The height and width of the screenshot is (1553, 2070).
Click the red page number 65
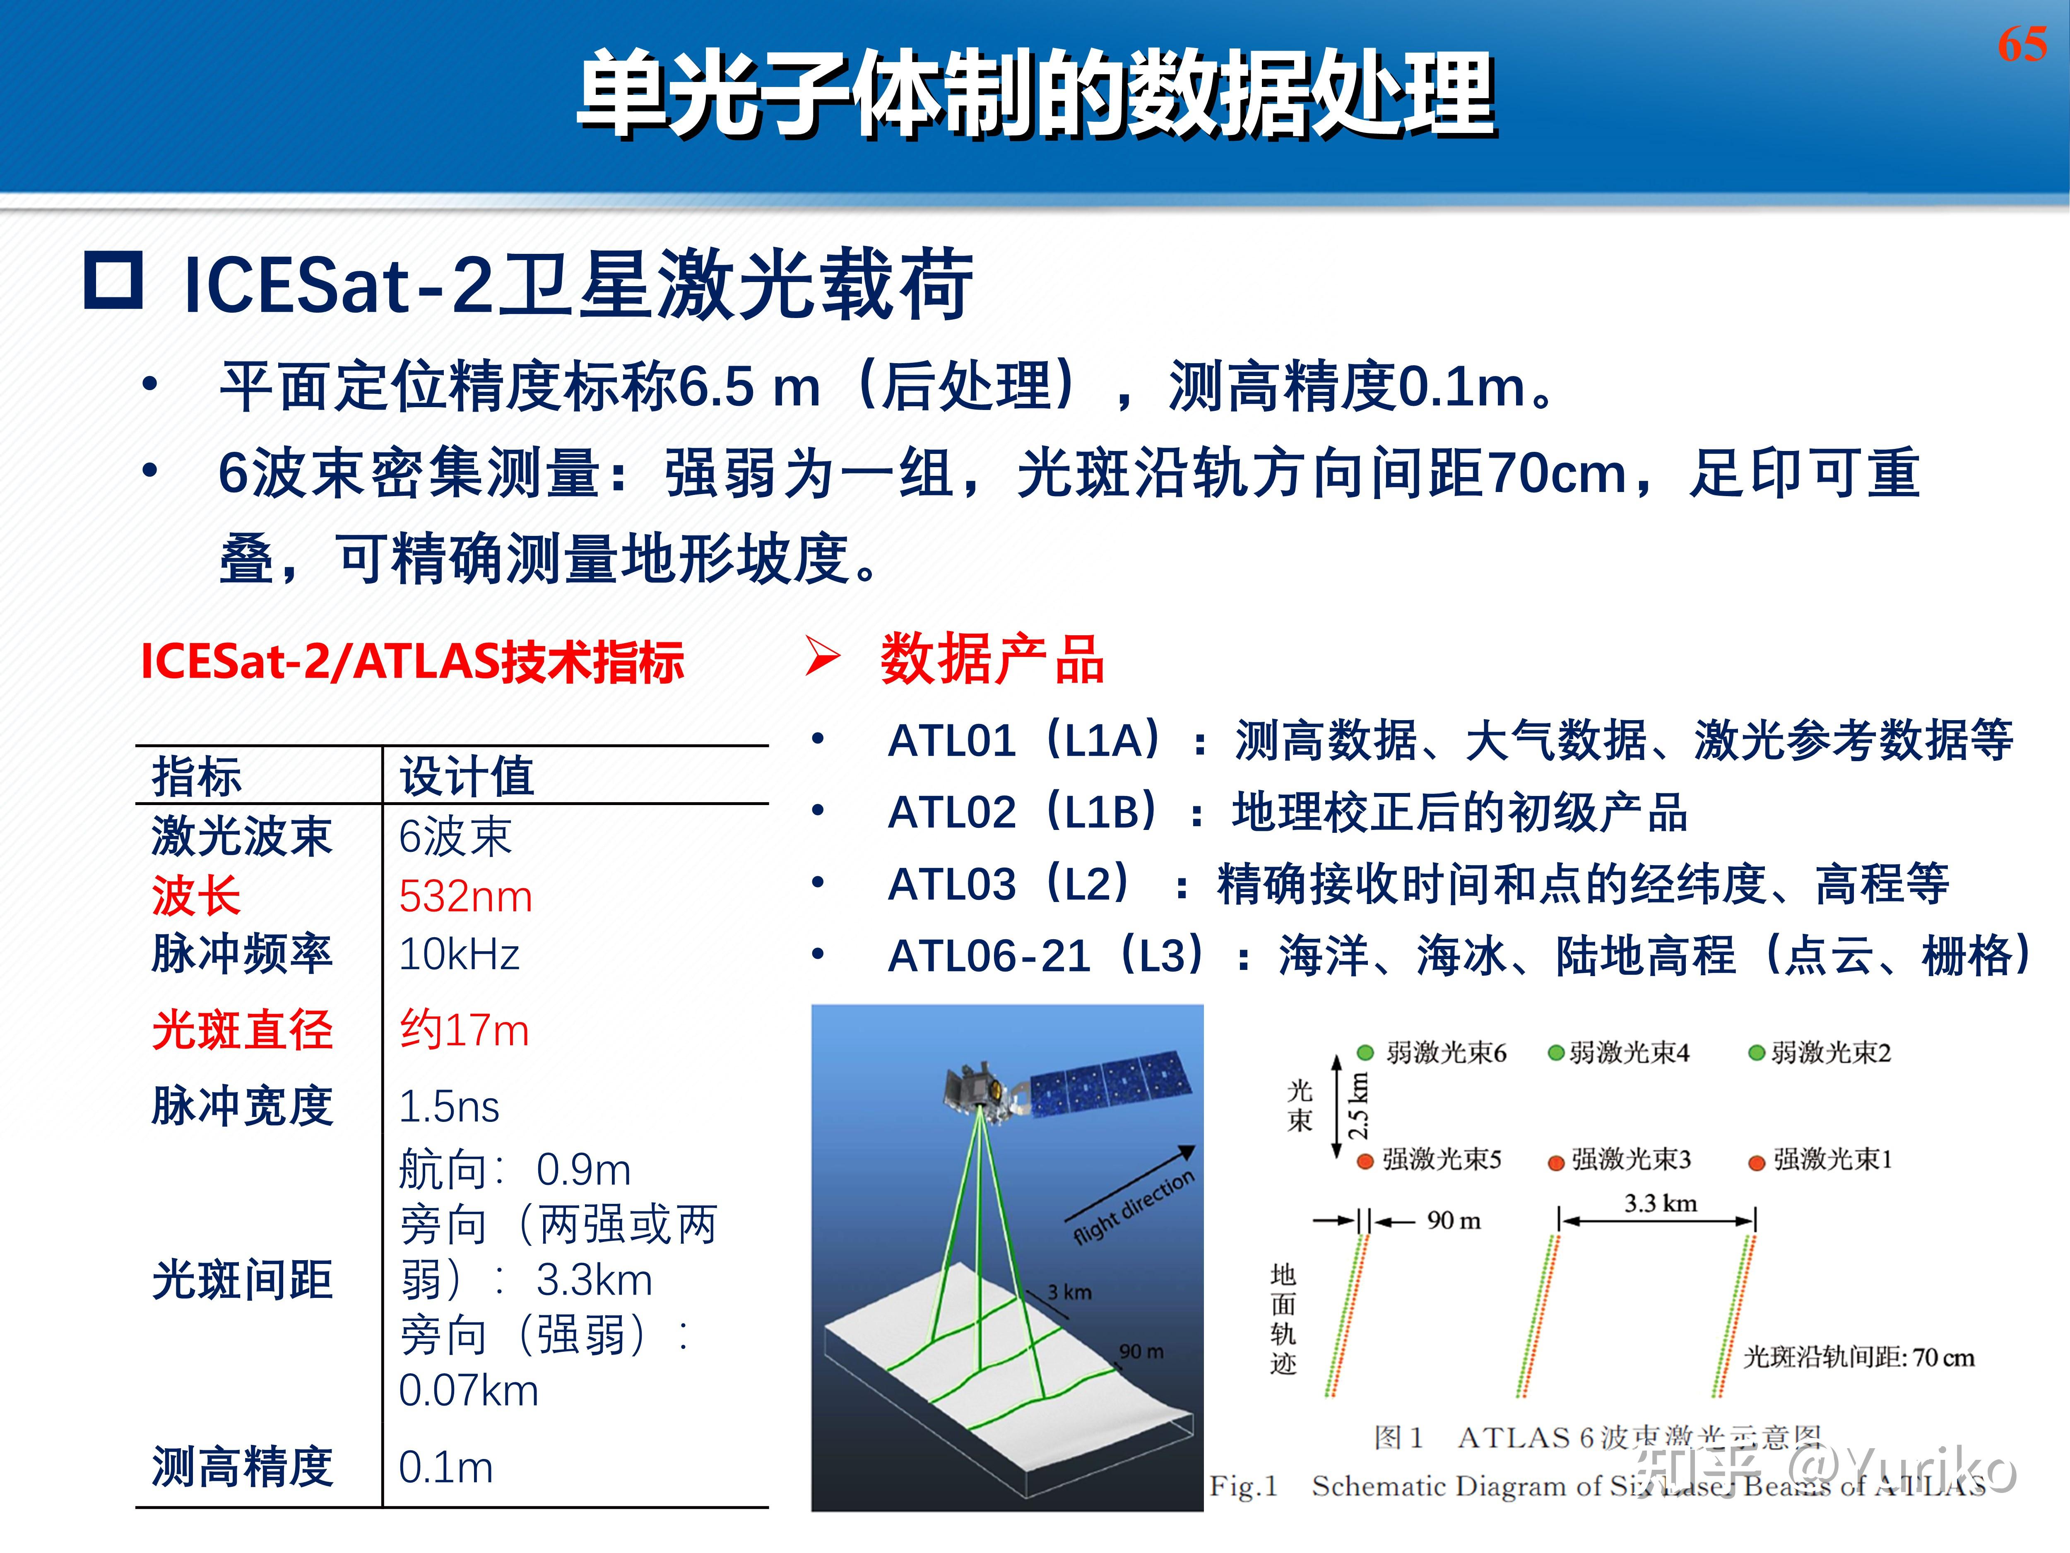pos(2021,44)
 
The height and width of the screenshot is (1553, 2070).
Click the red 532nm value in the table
pos(465,897)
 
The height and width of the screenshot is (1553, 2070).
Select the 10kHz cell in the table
pos(459,955)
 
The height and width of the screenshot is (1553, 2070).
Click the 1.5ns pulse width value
pos(449,1107)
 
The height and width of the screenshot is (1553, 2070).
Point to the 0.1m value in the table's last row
pos(445,1467)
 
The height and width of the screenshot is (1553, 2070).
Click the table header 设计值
pos(467,776)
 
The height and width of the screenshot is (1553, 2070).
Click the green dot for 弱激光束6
pos(1365,1052)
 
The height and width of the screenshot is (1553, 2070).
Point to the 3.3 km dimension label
pos(1660,1203)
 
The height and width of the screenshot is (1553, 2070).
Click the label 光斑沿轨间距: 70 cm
pos(1858,1358)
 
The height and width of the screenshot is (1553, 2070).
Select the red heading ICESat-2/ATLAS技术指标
pos(412,662)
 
